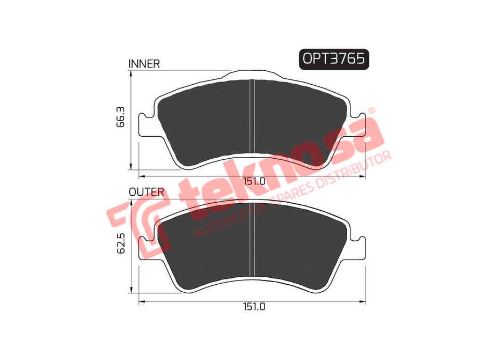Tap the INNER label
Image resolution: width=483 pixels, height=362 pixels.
pyautogui.click(x=144, y=64)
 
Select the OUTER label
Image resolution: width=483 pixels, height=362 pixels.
pyautogui.click(x=146, y=191)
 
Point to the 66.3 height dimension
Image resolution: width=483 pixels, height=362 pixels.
pyautogui.click(x=121, y=117)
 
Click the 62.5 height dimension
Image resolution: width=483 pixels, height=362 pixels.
pyautogui.click(x=121, y=243)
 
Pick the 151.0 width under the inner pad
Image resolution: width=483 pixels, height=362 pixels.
pyautogui.click(x=254, y=181)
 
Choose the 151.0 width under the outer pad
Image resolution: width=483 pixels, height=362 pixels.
pyautogui.click(x=254, y=307)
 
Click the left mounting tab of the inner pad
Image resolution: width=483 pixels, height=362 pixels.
pyautogui.click(x=144, y=125)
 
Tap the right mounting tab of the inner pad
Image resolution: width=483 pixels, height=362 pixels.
pyautogui.click(x=358, y=125)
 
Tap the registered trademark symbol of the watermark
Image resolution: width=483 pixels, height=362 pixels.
pyautogui.click(x=371, y=112)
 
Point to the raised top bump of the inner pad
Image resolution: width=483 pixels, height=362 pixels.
pyautogui.click(x=252, y=73)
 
